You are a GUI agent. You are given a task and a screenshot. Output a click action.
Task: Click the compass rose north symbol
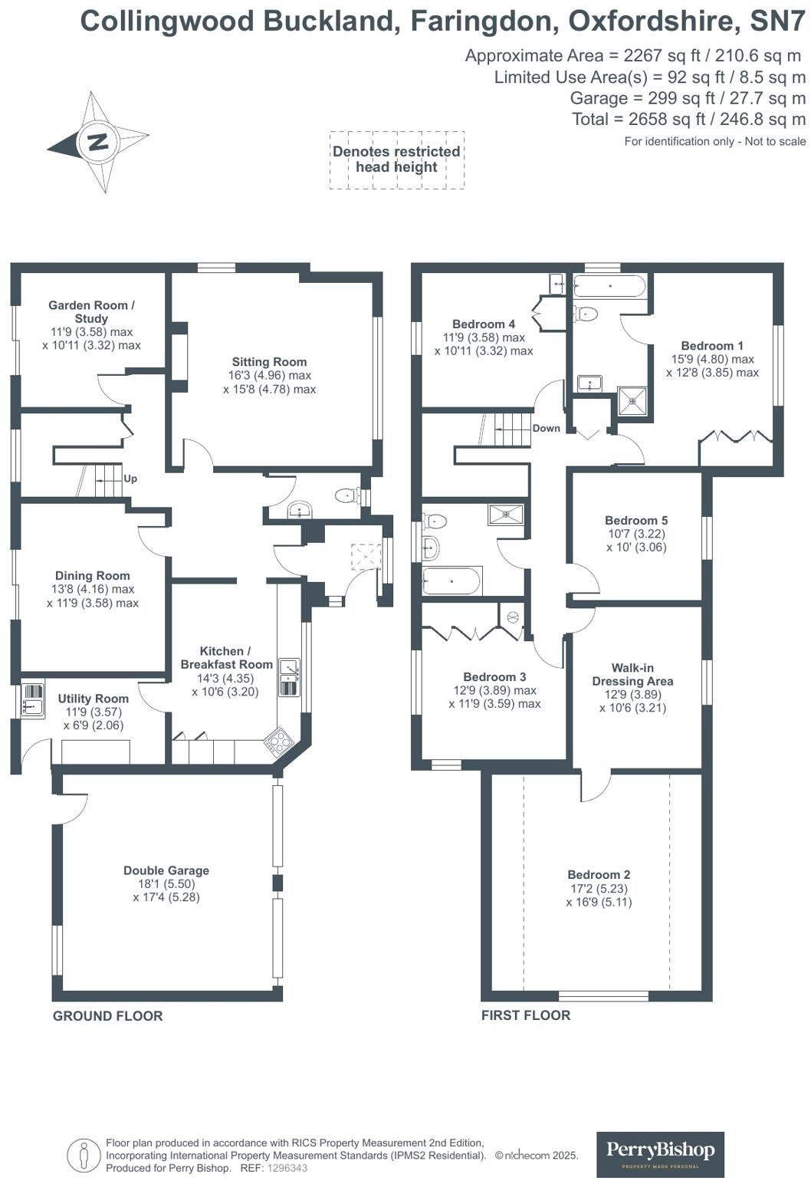[x=97, y=142]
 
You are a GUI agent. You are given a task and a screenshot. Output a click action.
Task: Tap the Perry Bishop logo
[x=660, y=1154]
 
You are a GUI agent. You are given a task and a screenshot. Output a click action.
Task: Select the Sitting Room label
[x=269, y=362]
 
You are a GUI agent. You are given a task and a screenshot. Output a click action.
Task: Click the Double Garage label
[x=166, y=870]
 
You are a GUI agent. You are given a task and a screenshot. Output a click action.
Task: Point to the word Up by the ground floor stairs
[x=130, y=479]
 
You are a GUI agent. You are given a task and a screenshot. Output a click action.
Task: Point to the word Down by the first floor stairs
[x=546, y=428]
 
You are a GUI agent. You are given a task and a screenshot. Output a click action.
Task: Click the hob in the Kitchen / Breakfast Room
[x=278, y=742]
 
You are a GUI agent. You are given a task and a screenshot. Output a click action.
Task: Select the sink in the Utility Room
[x=32, y=699]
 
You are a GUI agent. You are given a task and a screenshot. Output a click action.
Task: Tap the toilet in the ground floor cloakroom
[x=349, y=496]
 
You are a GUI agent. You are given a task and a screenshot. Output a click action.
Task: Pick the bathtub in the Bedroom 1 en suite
[x=609, y=288]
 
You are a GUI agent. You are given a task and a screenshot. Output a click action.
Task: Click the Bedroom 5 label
[x=636, y=520]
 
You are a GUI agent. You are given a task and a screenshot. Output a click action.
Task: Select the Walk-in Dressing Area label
[x=632, y=674]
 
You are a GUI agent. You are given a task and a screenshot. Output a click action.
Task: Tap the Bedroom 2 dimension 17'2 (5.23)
[x=599, y=889]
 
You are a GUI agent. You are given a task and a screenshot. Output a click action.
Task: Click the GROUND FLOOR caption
[x=107, y=1016]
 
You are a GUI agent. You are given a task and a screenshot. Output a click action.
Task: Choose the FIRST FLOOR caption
[x=526, y=1015]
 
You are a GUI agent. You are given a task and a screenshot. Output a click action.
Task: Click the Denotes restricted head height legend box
[x=396, y=160]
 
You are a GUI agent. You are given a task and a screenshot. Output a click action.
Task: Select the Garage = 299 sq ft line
[x=688, y=98]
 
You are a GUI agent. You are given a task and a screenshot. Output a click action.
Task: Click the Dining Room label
[x=92, y=575]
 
